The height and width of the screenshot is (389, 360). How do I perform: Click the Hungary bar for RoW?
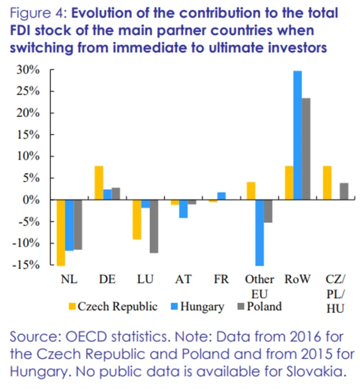[x=297, y=135]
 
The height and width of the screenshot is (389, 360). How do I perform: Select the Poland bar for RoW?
[x=306, y=149]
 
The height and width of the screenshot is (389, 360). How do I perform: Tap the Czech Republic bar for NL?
[x=61, y=232]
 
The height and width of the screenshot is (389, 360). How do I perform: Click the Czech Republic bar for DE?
[x=98, y=183]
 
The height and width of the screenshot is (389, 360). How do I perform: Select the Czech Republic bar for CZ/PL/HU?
[x=327, y=183]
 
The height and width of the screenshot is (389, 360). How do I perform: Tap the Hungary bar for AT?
[x=183, y=209]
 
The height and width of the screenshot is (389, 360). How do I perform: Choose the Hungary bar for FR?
[x=221, y=196]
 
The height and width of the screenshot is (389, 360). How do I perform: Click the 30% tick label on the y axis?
[x=28, y=70]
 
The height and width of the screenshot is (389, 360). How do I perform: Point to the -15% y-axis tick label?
[x=26, y=265]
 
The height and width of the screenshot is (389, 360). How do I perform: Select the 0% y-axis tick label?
[x=31, y=200]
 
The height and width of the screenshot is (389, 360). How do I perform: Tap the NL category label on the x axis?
[x=69, y=279]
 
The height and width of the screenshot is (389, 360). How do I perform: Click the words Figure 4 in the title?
[x=35, y=12]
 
